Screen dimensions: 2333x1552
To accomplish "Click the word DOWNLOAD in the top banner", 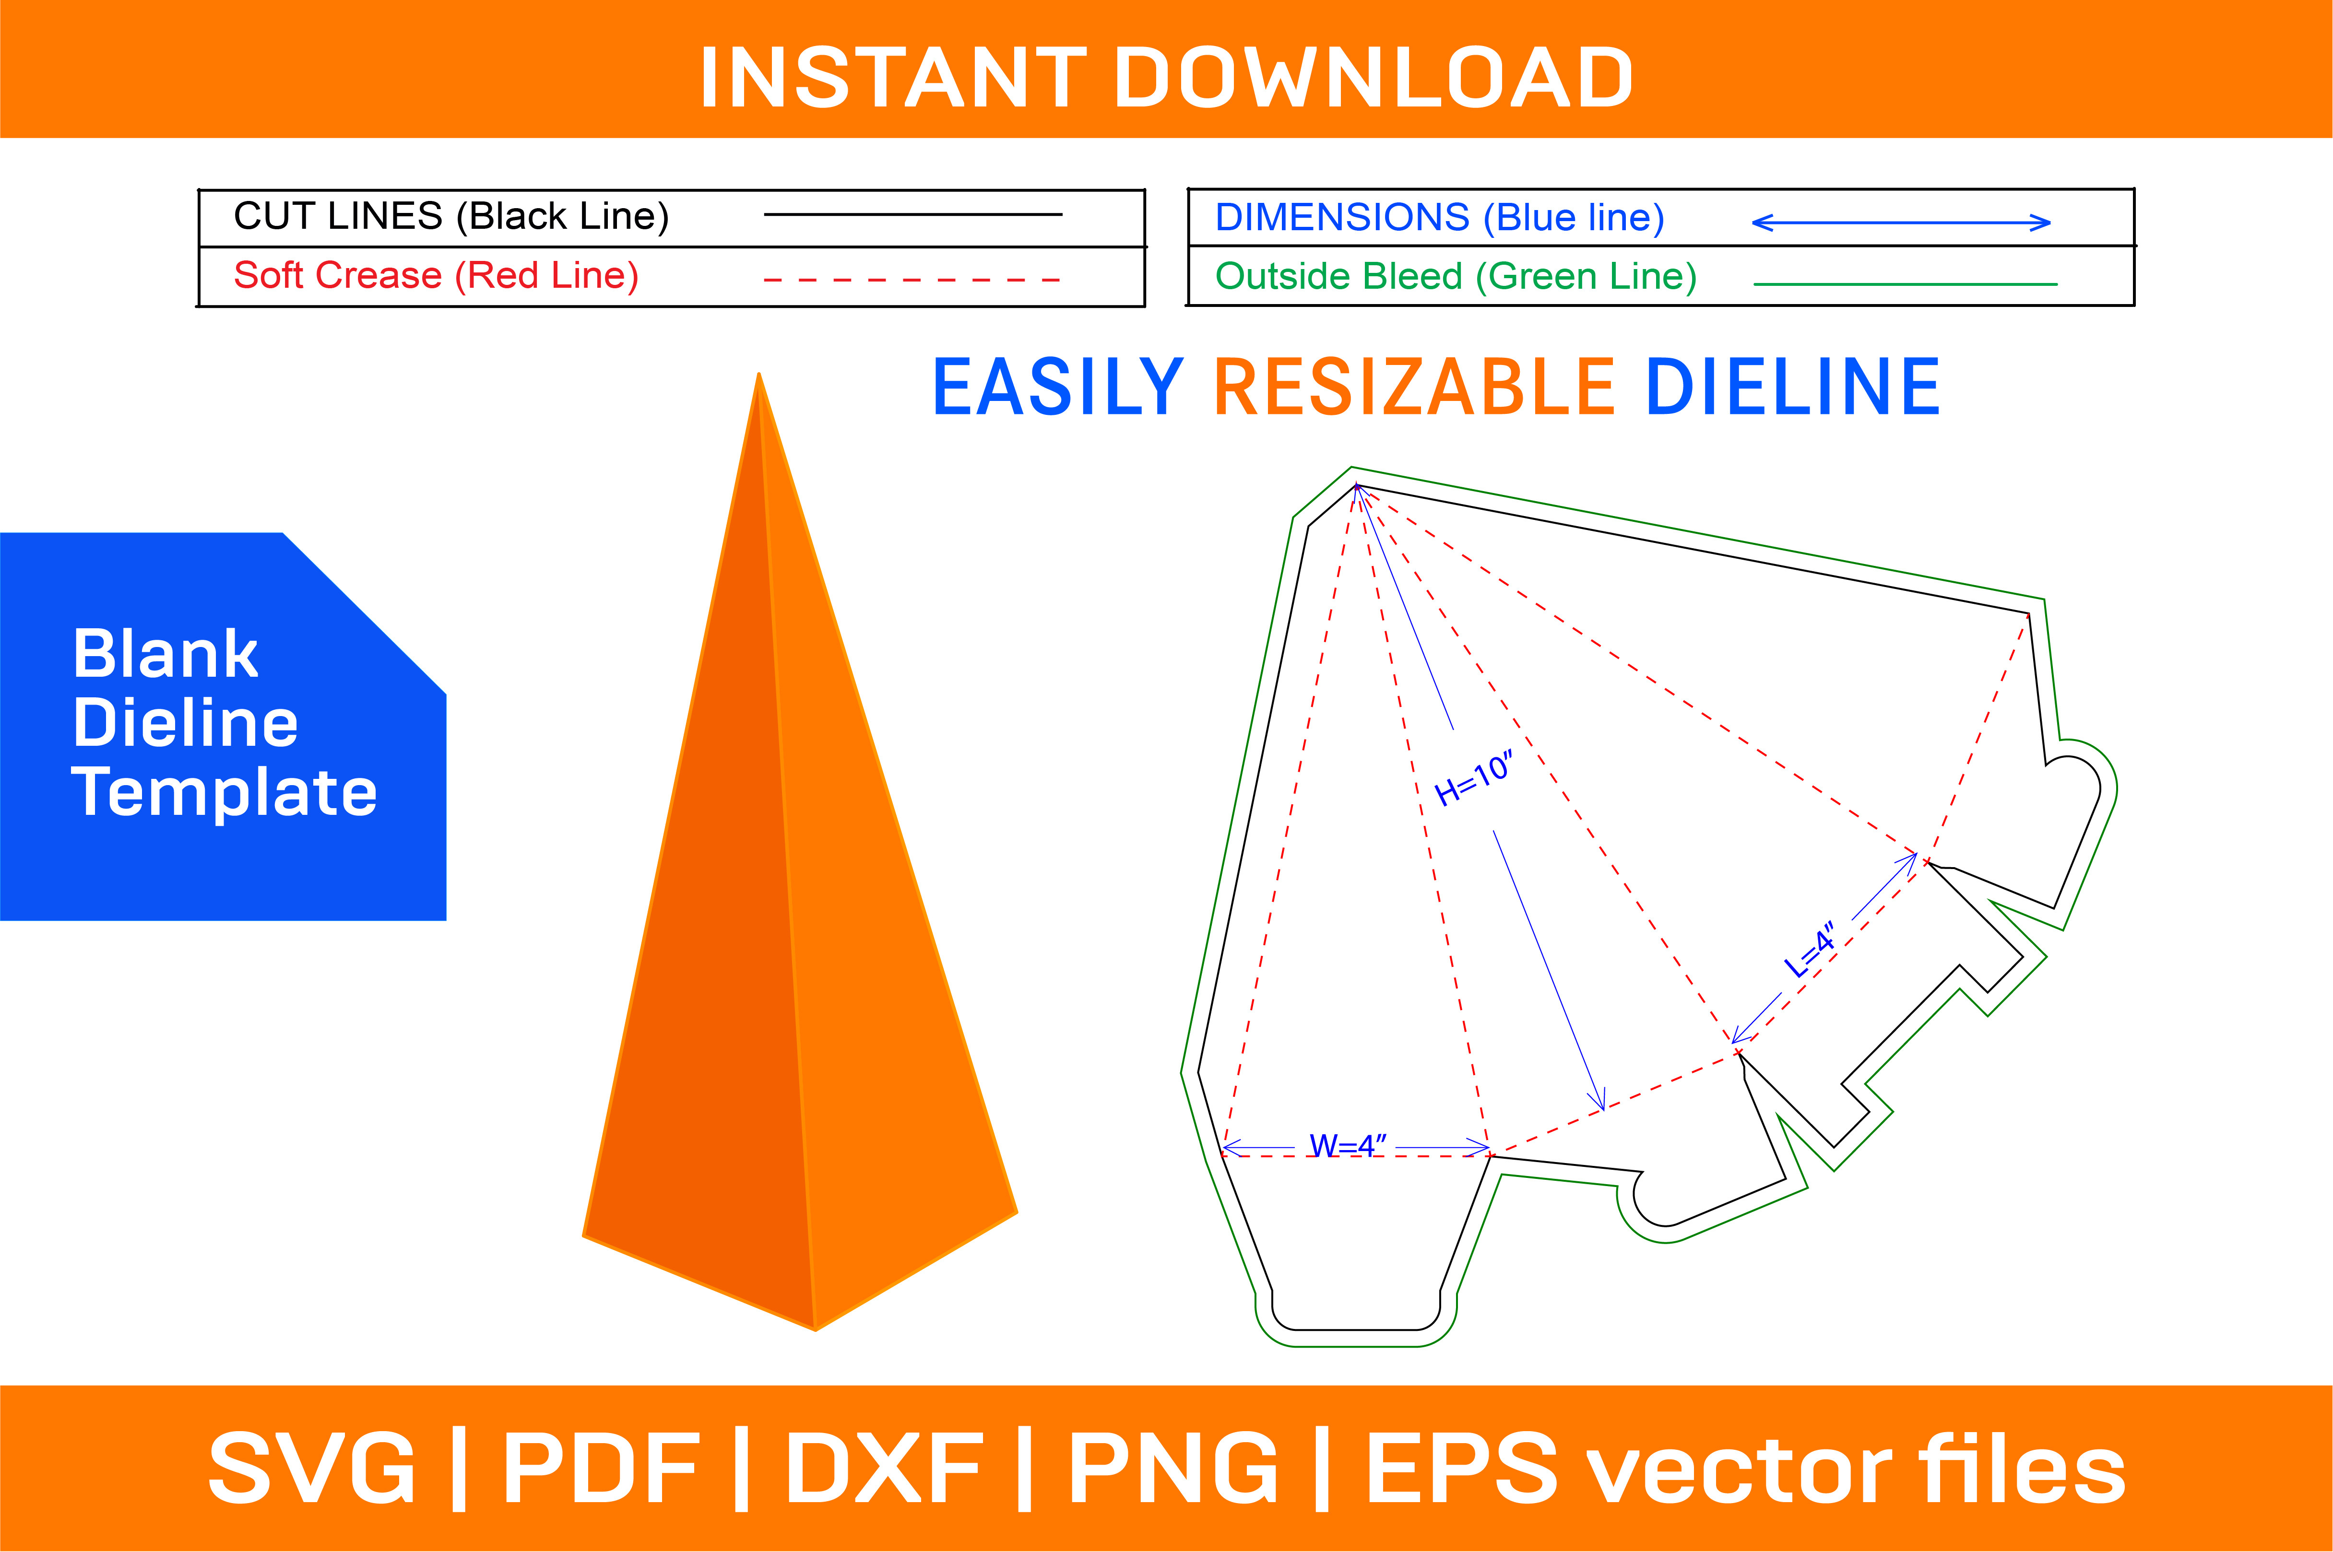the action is [x=1375, y=77].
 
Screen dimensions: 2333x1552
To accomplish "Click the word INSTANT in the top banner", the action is [x=893, y=77].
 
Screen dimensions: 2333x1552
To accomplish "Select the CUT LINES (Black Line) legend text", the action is [x=451, y=216].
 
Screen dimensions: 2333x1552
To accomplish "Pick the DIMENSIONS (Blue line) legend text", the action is [x=1439, y=218].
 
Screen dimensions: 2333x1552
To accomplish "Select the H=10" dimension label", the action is [x=1473, y=779].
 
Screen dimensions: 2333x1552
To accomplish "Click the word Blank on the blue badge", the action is [x=166, y=654].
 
